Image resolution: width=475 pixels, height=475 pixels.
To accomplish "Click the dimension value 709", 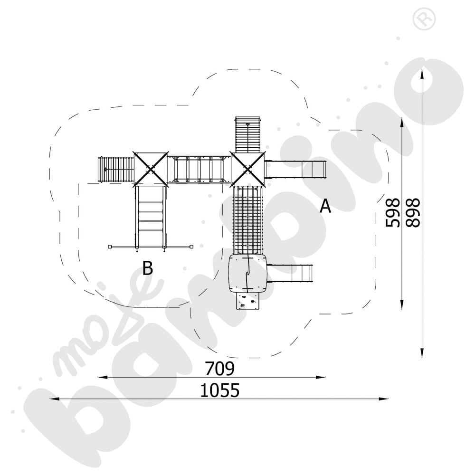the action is point(219,369).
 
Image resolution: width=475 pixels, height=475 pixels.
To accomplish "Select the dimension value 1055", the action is point(220,390).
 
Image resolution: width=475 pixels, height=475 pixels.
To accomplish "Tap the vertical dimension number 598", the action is point(393,212).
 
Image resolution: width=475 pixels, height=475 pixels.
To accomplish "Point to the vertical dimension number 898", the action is point(413,212).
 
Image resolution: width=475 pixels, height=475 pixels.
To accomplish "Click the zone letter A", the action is point(325,206).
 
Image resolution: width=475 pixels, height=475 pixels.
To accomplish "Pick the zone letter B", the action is point(148,268).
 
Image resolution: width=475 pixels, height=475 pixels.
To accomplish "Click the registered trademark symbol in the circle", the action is point(424,19).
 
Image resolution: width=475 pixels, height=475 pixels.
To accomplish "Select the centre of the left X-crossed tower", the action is point(151,169).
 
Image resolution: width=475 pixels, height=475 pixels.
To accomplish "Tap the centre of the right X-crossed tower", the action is point(248,169).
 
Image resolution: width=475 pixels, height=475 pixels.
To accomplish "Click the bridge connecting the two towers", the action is point(199,169).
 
